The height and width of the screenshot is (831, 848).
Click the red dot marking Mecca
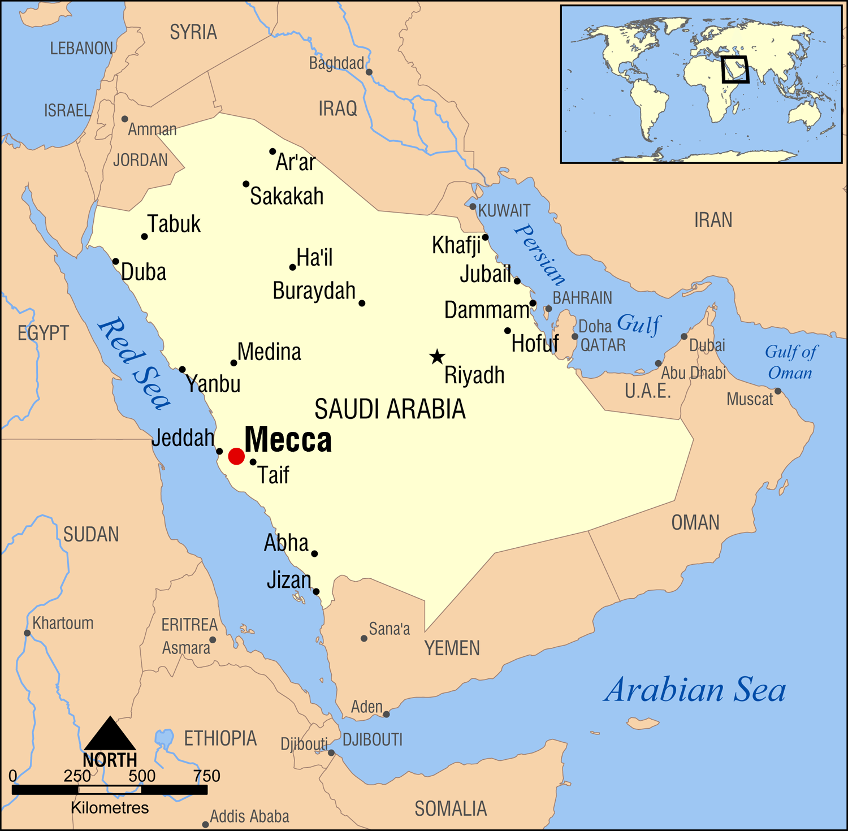coord(236,456)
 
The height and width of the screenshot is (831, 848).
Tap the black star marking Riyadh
coord(437,357)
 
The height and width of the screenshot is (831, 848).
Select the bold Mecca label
coord(288,440)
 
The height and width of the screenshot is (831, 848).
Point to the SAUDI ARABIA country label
coord(390,409)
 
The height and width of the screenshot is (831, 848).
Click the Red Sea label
coord(134,363)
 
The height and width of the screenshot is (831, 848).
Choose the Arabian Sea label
coord(695,690)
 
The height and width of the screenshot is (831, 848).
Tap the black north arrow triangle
coord(110,734)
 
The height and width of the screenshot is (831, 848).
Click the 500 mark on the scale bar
coord(142,776)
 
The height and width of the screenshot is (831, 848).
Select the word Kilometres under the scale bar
coord(110,808)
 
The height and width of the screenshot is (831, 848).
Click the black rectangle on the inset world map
coord(735,70)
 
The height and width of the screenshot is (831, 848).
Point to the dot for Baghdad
coord(369,72)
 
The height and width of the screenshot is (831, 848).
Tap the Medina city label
coord(269,352)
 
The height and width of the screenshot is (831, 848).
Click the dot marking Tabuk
coord(144,236)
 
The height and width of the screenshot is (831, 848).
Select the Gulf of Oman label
coord(790,362)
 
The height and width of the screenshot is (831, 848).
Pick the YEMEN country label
coord(452,648)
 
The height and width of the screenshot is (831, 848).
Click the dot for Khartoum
coord(27,633)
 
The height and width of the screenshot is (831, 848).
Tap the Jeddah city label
coord(183,438)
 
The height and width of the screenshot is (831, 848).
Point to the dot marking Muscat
coord(778,391)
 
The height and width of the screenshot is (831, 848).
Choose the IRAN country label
coord(713,220)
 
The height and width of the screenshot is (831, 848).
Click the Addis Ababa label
coord(249,816)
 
